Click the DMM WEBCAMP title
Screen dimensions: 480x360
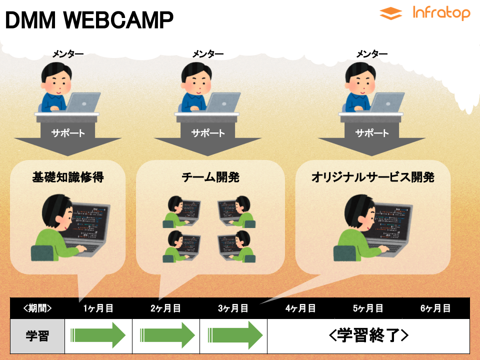(89, 20)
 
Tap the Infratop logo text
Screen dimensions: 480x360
(441, 13)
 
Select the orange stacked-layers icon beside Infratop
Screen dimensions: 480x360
(390, 13)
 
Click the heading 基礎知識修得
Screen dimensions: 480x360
(68, 177)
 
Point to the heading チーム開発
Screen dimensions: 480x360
(210, 177)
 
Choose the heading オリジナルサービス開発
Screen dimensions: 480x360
(373, 177)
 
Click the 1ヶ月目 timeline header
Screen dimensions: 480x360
(98, 308)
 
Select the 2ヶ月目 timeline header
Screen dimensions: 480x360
(165, 308)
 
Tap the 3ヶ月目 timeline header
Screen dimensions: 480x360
(233, 308)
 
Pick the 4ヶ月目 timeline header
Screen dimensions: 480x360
(300, 308)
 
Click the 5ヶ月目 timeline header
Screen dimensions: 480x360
(368, 308)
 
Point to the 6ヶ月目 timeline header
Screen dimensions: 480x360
(435, 308)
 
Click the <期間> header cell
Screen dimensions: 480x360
(37, 308)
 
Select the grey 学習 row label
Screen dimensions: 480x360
(37, 336)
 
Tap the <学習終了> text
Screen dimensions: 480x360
(368, 335)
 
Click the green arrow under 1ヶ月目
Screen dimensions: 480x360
(98, 335)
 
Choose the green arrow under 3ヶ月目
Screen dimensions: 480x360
(235, 335)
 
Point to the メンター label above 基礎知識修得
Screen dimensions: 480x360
(67, 54)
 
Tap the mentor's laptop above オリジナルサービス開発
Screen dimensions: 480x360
(387, 102)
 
